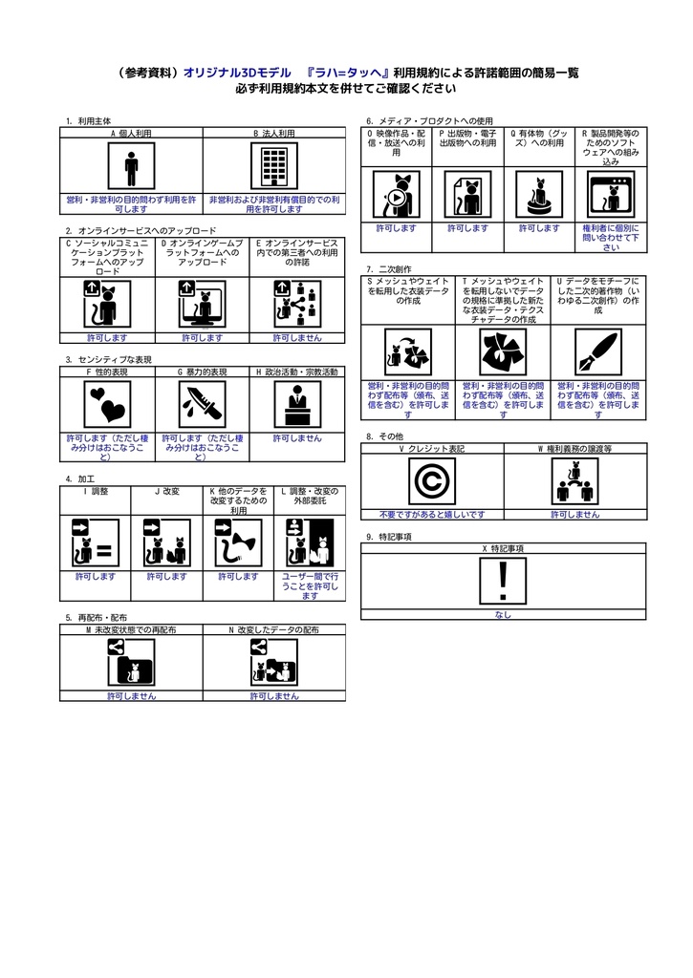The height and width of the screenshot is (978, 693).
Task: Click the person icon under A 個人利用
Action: [131, 169]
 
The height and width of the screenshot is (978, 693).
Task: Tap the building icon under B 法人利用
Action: [273, 168]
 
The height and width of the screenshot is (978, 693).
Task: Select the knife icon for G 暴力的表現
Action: [202, 405]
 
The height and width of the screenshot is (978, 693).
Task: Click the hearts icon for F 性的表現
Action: [107, 405]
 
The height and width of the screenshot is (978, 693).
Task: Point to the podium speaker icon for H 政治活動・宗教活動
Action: [296, 405]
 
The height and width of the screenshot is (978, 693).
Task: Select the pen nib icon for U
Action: [598, 352]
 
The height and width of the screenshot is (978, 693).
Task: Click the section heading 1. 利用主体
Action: [88, 121]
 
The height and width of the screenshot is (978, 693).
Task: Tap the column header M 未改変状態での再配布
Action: [131, 630]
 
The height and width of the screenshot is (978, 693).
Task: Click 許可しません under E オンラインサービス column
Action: [296, 337]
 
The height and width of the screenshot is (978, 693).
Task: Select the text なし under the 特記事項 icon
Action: [503, 615]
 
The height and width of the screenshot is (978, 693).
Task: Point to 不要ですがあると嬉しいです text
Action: [432, 514]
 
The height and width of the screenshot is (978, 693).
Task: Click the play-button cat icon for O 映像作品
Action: [396, 195]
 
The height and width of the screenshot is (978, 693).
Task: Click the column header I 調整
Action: [96, 491]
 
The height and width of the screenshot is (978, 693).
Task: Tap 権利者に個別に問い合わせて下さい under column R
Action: [611, 238]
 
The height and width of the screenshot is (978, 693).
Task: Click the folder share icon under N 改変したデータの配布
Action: [273, 663]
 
